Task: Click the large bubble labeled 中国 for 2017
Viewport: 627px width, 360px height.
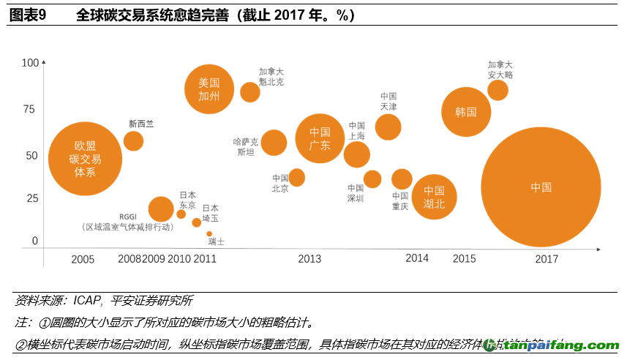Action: tap(541, 187)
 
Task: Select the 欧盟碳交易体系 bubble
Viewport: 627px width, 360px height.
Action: tap(86, 159)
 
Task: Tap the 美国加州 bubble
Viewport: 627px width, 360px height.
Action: tap(209, 89)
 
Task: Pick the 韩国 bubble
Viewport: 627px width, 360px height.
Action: tap(466, 112)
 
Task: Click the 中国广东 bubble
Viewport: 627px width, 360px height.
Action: tap(320, 138)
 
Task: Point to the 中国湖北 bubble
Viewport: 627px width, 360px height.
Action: tap(434, 197)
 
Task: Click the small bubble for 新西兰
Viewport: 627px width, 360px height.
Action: tap(133, 140)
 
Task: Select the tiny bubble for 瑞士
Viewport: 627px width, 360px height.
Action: tap(209, 234)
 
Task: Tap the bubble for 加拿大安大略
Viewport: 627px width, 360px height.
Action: tap(498, 90)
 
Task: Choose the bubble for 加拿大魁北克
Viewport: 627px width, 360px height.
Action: tap(250, 92)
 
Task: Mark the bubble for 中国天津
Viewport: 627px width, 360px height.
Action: tap(388, 127)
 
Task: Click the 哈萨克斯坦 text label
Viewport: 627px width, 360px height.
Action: tap(246, 146)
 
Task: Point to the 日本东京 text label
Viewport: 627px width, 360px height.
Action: tap(187, 200)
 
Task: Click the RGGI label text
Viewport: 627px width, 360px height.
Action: tap(128, 217)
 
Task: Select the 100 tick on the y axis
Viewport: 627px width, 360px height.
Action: tap(30, 64)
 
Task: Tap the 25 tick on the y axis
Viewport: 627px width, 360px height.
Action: tap(32, 199)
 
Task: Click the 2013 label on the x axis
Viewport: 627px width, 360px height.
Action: tap(309, 258)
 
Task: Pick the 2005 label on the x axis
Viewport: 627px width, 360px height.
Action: tap(83, 259)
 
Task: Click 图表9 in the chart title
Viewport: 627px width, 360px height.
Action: tap(28, 15)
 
